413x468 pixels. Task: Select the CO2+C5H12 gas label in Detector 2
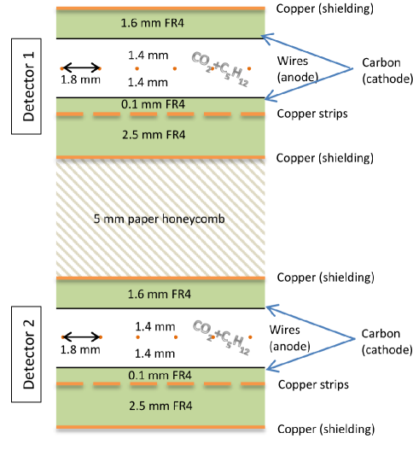pyautogui.click(x=219, y=339)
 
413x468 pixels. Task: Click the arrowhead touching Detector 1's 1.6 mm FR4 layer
pyautogui.click(x=265, y=37)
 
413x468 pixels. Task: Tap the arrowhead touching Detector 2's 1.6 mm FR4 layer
pyautogui.click(x=267, y=306)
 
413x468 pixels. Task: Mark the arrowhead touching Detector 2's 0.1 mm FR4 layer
pyautogui.click(x=269, y=368)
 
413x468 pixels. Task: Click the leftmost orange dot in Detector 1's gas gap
pyautogui.click(x=61, y=67)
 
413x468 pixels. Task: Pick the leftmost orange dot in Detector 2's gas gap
pyautogui.click(x=61, y=337)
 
